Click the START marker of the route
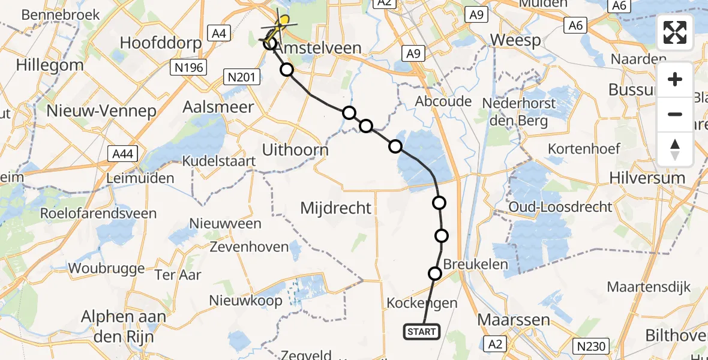tap(422, 331)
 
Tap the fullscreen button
tap(675, 32)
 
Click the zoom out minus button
tap(675, 114)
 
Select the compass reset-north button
tap(675, 149)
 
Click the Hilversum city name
tap(647, 178)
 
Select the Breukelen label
tap(475, 265)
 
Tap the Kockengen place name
tap(422, 302)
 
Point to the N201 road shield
tap(241, 76)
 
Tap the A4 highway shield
tap(218, 34)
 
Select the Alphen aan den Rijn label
tap(117, 326)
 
